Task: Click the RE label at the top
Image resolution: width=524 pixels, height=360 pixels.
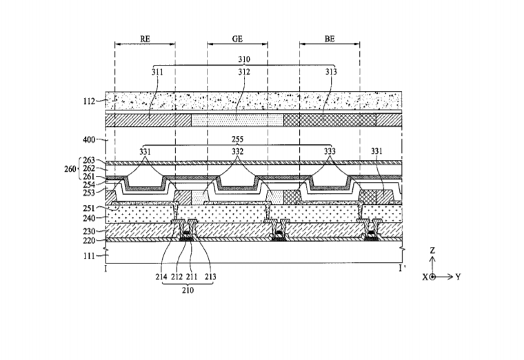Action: [145, 39]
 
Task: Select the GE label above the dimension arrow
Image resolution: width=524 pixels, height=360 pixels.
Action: [237, 39]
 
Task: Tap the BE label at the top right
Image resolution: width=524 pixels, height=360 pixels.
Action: [330, 39]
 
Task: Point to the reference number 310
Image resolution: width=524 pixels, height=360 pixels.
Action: [244, 59]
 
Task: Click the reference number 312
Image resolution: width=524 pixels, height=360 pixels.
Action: [244, 72]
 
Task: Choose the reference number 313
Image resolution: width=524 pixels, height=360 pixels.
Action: [331, 72]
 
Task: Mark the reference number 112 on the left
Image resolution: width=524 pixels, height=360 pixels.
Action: [89, 101]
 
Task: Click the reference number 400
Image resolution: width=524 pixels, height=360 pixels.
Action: [89, 139]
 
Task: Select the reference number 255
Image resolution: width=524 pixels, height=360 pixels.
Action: [237, 139]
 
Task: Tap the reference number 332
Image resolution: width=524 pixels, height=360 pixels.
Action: [238, 152]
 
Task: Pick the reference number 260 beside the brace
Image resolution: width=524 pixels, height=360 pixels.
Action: [70, 169]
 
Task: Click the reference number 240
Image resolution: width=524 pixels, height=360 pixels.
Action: [89, 218]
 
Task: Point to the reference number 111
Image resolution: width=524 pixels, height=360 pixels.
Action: [89, 256]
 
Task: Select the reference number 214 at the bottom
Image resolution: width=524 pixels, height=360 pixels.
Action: [161, 277]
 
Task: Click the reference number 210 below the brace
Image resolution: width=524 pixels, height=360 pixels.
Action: [188, 290]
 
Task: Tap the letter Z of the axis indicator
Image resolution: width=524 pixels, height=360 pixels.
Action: [432, 250]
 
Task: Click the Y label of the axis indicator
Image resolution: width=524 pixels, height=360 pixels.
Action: [458, 277]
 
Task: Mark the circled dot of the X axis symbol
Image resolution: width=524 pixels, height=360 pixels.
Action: [432, 277]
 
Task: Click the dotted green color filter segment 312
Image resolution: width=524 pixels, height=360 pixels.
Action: [237, 120]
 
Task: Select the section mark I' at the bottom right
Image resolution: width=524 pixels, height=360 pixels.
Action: [401, 268]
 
